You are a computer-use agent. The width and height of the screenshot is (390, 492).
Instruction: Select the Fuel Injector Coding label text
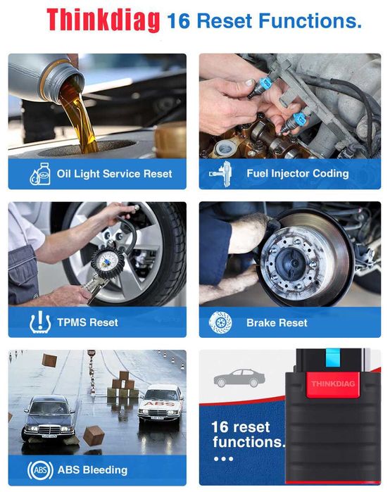(297, 173)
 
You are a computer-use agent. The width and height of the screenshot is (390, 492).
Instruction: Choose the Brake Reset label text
(277, 322)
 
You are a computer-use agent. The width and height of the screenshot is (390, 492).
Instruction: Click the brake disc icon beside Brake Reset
(220, 322)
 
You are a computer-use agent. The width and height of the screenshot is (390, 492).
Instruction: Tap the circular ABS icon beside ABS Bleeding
(39, 469)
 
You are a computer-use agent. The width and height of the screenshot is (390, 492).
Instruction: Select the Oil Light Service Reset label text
(114, 173)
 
